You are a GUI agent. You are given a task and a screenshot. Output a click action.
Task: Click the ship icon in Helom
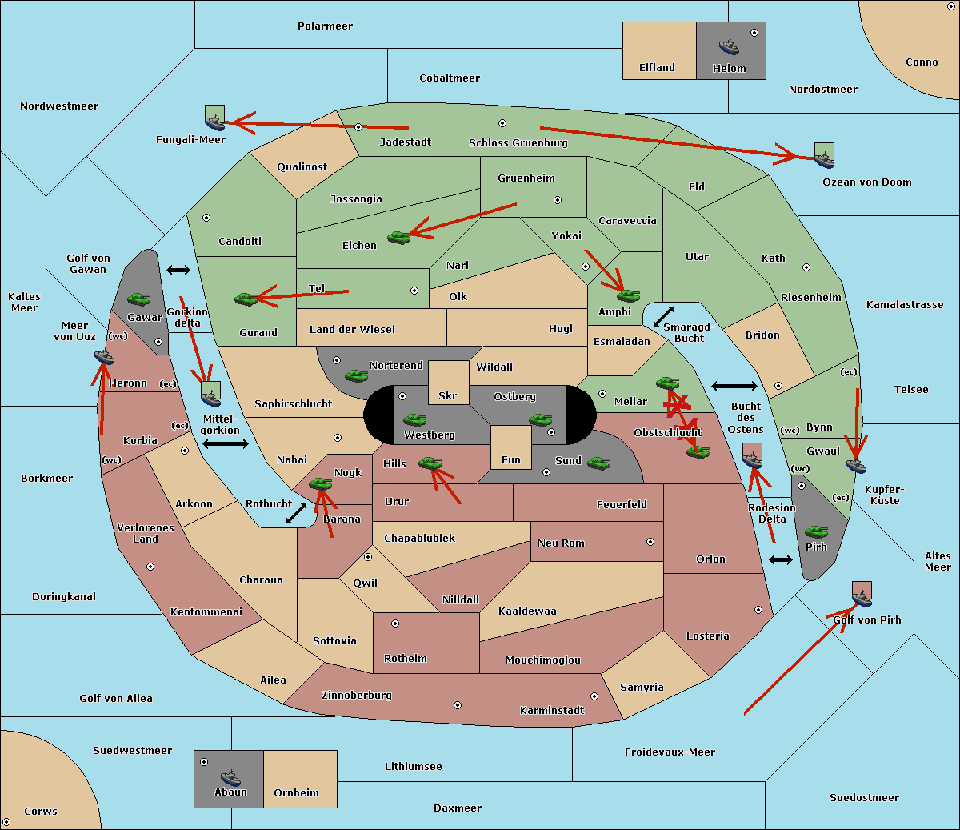728,46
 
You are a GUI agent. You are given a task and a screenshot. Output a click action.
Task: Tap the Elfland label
657,68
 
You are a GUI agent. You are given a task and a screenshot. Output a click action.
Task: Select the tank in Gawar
138,299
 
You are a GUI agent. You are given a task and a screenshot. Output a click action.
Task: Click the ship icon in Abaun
230,777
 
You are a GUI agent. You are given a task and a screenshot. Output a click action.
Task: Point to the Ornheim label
296,793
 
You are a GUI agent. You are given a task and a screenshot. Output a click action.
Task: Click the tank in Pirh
816,532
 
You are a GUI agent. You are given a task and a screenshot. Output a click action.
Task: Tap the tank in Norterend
356,375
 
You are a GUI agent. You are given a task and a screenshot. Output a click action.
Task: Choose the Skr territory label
448,396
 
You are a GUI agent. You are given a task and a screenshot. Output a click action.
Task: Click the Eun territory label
511,460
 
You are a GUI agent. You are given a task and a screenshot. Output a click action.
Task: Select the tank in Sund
598,463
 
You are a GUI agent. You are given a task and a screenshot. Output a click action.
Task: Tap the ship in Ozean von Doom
823,158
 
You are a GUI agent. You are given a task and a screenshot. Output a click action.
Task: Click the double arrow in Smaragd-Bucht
664,316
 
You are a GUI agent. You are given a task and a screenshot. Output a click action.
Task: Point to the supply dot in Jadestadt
358,127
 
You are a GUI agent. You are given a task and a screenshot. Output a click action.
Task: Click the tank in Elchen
398,237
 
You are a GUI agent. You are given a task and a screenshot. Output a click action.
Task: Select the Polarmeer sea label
325,26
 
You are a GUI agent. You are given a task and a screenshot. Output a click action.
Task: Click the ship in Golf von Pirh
862,597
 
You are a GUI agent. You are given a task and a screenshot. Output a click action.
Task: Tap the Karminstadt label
552,711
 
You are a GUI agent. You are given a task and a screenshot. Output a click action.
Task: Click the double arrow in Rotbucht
296,513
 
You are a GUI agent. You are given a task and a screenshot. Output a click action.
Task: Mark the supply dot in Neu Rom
650,542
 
